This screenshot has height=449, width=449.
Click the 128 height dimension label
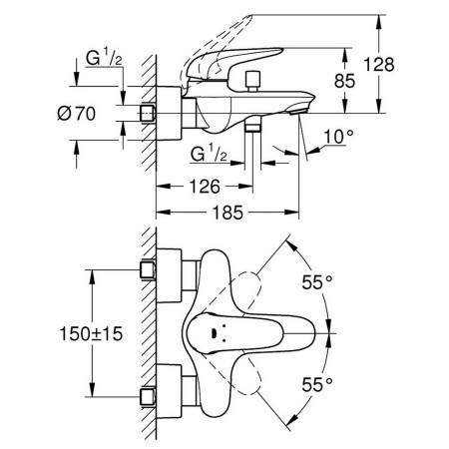coord(379,65)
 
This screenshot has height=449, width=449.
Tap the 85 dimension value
coord(345,81)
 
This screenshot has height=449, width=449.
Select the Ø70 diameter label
coord(76,114)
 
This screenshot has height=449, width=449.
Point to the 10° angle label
coord(338,137)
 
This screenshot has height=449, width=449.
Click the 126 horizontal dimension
coord(205,187)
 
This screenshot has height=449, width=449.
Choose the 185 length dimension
coord(228,213)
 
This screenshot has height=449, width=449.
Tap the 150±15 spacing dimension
coord(91,333)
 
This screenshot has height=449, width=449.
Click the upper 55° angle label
coord(317,282)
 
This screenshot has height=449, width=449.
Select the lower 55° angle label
coord(317,385)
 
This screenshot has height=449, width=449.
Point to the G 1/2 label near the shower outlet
coord(209,154)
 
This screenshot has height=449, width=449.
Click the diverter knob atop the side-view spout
coord(253,81)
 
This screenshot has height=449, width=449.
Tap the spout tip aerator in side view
coord(298,111)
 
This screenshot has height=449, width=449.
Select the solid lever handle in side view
coord(233,63)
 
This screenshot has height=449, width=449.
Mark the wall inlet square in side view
coord(147,114)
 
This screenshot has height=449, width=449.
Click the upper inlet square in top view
coord(148,269)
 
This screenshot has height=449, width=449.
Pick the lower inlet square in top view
coord(148,397)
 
